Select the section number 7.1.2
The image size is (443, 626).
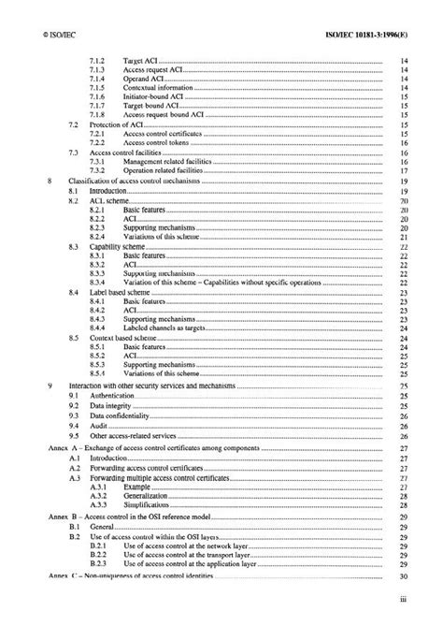pos(98,62)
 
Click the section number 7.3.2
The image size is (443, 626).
pos(98,170)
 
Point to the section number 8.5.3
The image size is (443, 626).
pos(98,364)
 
